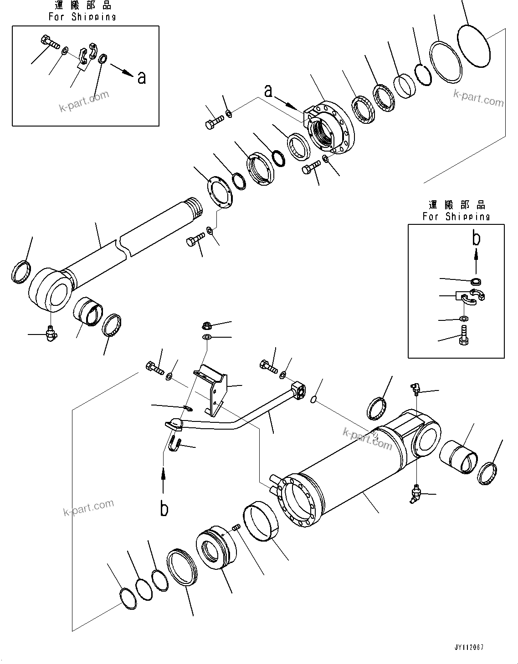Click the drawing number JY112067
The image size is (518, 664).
(x=468, y=647)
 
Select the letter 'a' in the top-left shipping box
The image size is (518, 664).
(x=142, y=77)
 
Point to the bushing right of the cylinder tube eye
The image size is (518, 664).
(x=459, y=456)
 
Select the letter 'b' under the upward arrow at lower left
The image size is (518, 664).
(x=164, y=508)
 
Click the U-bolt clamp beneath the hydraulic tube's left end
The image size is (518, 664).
(x=175, y=442)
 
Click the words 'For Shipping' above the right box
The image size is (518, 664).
(x=456, y=217)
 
